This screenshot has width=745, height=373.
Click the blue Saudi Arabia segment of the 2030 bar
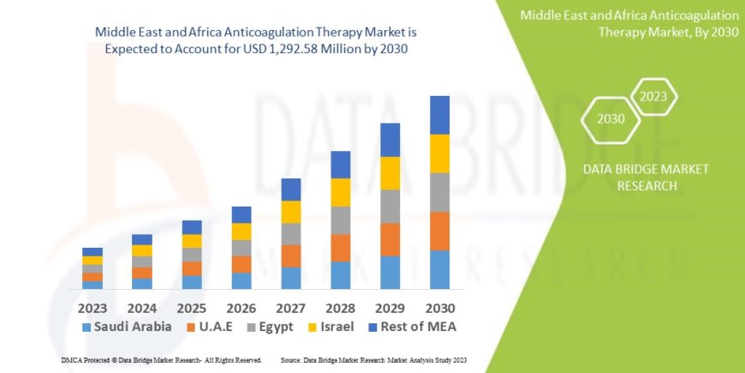[x=439, y=269]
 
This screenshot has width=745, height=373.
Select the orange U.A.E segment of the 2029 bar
[x=390, y=239]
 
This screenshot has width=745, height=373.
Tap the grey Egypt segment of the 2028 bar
[x=340, y=220]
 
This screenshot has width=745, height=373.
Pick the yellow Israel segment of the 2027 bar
[x=291, y=212]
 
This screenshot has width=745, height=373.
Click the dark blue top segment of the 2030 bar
[x=439, y=115]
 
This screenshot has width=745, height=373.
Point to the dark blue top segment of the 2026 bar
[x=241, y=214]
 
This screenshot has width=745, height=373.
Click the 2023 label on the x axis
[x=92, y=307]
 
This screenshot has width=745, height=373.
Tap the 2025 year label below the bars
[x=192, y=307]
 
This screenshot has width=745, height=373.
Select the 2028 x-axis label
[x=340, y=307]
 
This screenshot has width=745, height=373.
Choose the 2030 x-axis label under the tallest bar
[x=439, y=307]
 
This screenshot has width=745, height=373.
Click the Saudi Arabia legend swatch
[x=86, y=328]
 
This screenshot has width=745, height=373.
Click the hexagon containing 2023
[x=653, y=96]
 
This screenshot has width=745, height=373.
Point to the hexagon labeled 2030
[x=611, y=119]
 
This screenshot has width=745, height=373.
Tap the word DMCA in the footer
[x=71, y=359]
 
